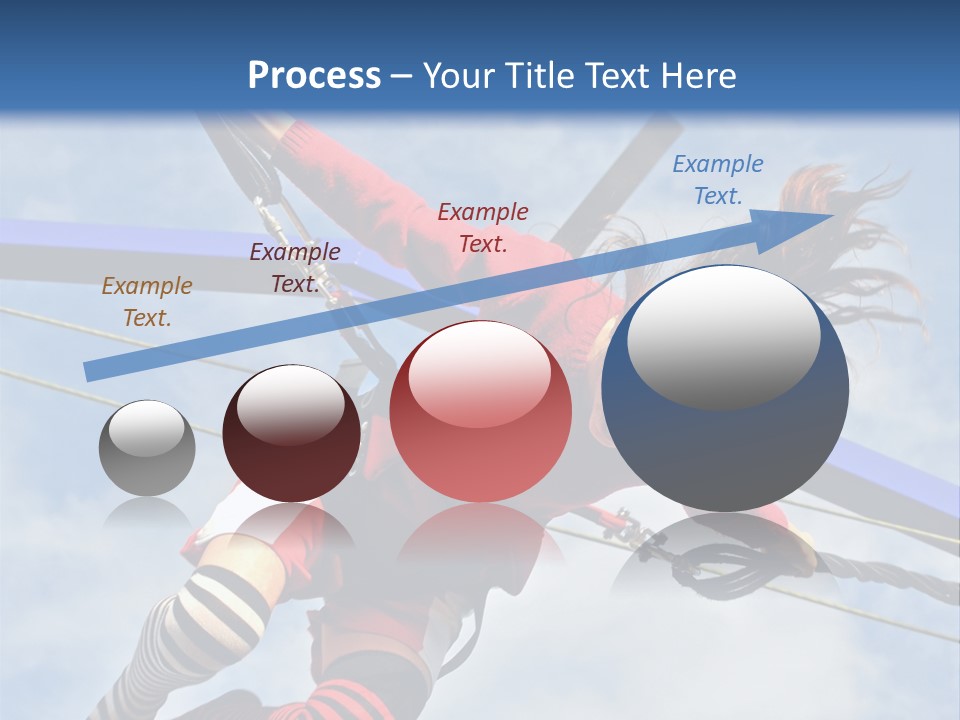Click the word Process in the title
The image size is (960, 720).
pos(314,76)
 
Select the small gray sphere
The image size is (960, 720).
pos(147,448)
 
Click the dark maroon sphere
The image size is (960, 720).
pos(291,434)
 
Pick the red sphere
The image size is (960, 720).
pos(480,412)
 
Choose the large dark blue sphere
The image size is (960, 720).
pos(725,390)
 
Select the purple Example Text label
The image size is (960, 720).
pos(294,268)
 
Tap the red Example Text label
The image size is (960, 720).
pos(483,227)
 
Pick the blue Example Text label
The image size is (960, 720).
pos(717,180)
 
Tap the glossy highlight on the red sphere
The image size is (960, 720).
pos(479,370)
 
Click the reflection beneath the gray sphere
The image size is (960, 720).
pos(147,515)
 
